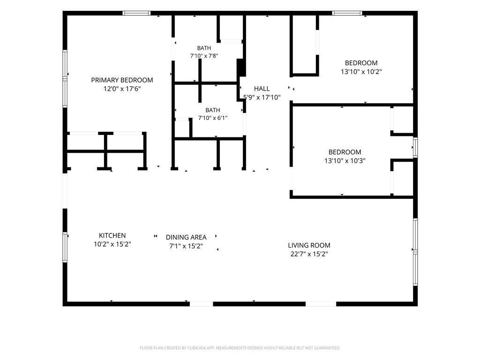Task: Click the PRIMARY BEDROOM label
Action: tap(122, 80)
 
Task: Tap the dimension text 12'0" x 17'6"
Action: tap(122, 89)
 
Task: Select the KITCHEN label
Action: tap(112, 235)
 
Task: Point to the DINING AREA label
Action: tap(186, 237)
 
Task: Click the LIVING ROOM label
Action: tap(309, 245)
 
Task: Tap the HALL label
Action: tap(262, 89)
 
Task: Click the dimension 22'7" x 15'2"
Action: tap(309, 254)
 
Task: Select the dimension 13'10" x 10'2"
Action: tap(361, 72)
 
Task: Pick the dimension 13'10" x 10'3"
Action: tap(345, 161)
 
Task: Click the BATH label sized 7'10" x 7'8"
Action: tap(204, 48)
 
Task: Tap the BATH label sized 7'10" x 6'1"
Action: tap(213, 110)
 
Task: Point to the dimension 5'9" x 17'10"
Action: tap(262, 97)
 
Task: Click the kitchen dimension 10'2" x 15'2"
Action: tap(112, 244)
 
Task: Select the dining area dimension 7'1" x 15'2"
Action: tap(186, 246)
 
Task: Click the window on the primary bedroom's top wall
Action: tap(136, 13)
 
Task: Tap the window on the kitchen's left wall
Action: tap(65, 247)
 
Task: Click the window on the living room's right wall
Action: tap(415, 252)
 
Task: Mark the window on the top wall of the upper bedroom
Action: tap(347, 13)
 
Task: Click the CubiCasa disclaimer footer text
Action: tap(240, 348)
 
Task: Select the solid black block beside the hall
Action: tap(241, 67)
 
